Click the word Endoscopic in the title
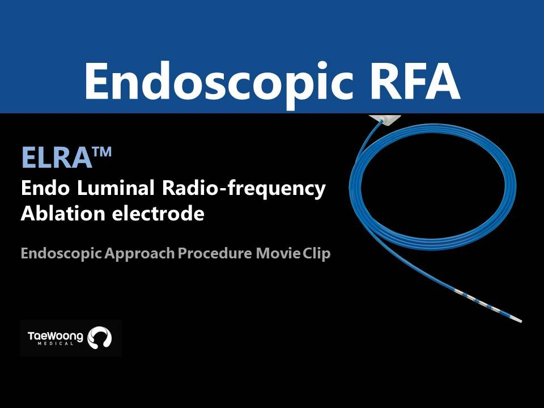point(219,82)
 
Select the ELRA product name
point(57,158)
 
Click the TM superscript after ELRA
point(102,152)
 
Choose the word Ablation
point(63,213)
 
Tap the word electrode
point(158,213)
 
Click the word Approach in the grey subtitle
point(139,254)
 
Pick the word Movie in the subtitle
point(278,253)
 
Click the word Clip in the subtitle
point(316,254)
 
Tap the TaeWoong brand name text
point(56,336)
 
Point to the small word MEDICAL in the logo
point(56,344)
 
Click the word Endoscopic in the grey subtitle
point(61,254)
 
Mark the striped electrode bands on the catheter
point(480,302)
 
